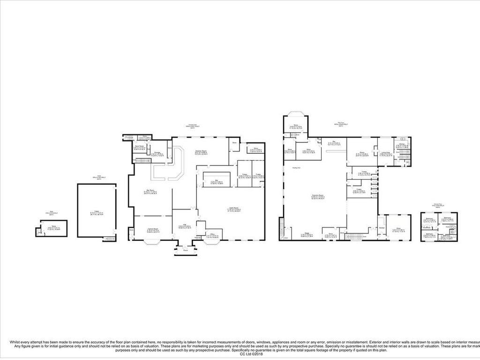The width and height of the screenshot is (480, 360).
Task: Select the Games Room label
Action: point(153,229)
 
